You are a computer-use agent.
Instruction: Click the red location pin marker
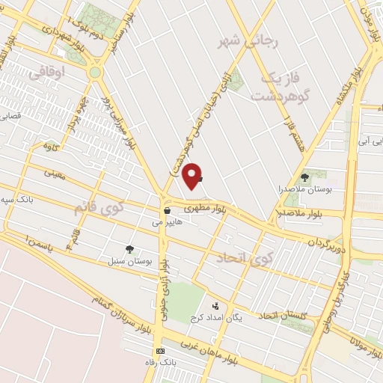tap(193, 175)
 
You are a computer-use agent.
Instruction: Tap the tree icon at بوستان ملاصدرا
tap(304, 177)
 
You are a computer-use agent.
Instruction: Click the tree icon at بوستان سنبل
tap(129, 249)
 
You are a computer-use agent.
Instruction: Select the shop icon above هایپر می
tap(167, 212)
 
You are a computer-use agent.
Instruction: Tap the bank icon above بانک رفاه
tap(159, 351)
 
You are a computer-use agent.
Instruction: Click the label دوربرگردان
tap(328, 241)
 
